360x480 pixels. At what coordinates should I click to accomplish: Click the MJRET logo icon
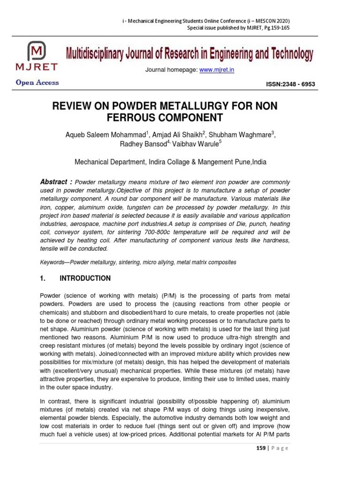point(37,52)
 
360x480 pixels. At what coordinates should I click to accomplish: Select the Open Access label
point(37,82)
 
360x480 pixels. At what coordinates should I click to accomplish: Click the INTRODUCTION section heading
point(85,278)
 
